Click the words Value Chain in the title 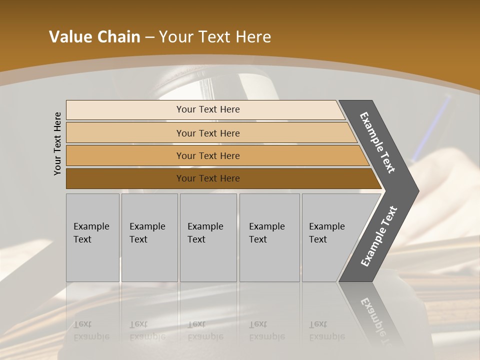(94, 37)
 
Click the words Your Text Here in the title (215, 37)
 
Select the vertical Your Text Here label (57, 143)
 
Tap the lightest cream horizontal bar (125, 110)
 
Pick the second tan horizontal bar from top (125, 133)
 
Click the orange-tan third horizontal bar (125, 155)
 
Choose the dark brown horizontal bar (125, 178)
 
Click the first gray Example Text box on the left (92, 237)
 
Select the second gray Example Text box (149, 237)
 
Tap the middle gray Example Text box (208, 237)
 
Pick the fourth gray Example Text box (269, 237)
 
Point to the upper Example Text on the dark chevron (377, 142)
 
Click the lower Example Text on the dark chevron (378, 236)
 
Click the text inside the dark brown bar (208, 178)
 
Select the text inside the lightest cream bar (208, 109)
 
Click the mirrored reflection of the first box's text (91, 330)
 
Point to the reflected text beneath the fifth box (327, 330)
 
